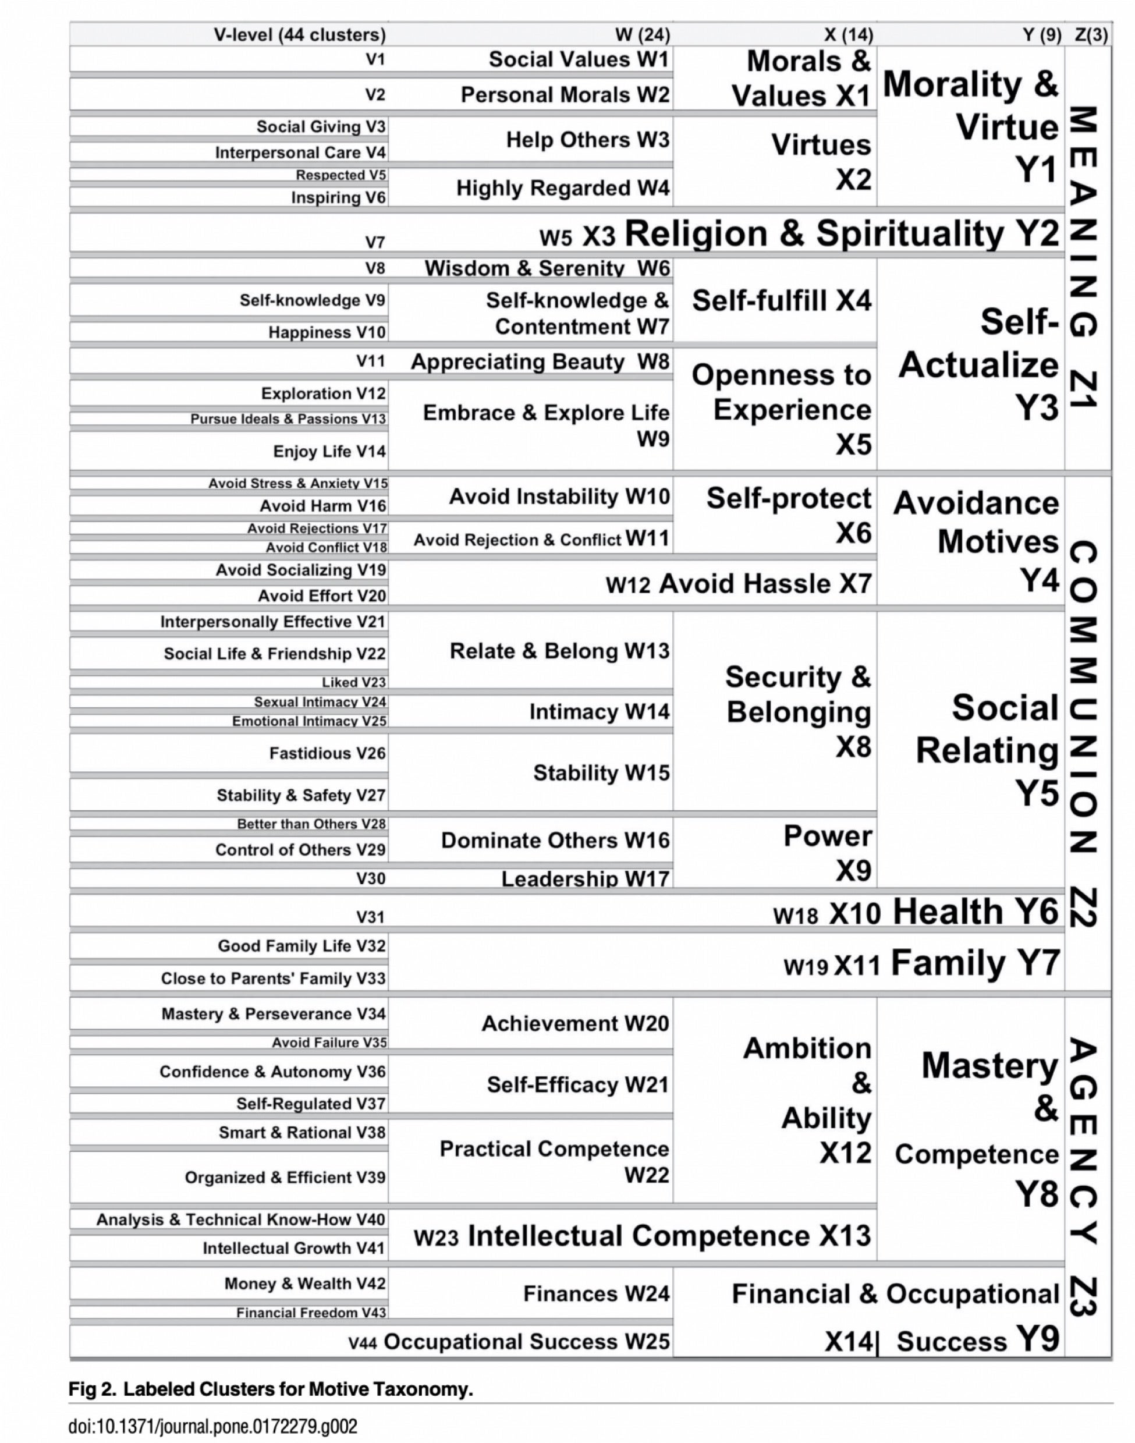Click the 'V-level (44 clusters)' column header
tap(299, 34)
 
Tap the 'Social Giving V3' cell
tap(320, 126)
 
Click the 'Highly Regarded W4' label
tap(562, 188)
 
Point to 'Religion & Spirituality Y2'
tap(841, 233)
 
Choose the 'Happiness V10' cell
tap(327, 332)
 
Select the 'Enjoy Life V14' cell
tap(329, 451)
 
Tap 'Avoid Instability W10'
tap(559, 497)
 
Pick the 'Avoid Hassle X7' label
tap(764, 584)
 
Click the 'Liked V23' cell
tap(353, 682)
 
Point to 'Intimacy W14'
tap(599, 712)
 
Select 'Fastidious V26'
tap(327, 753)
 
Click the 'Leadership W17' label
tap(585, 879)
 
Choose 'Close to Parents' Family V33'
tap(272, 978)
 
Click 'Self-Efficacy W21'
tap(577, 1085)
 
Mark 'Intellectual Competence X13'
tap(669, 1236)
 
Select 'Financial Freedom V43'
tap(311, 1313)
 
